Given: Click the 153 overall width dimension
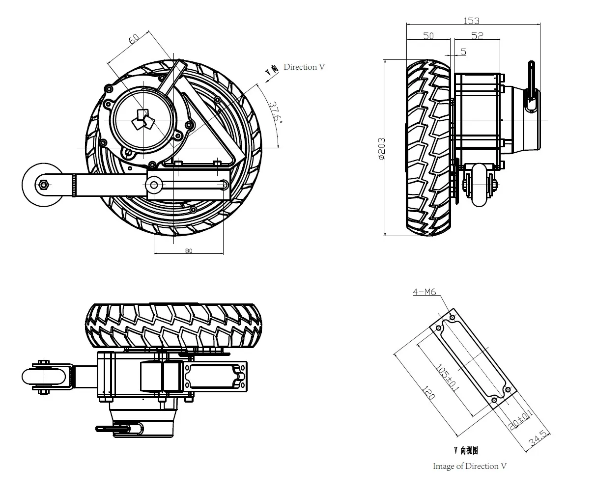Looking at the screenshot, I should pyautogui.click(x=471, y=21).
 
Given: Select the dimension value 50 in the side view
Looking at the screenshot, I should pyautogui.click(x=428, y=36).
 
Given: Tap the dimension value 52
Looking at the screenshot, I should pyautogui.click(x=477, y=36).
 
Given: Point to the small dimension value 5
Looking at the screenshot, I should pyautogui.click(x=463, y=52).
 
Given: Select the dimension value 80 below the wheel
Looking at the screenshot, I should pyautogui.click(x=189, y=251).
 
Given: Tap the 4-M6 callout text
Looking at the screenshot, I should pyautogui.click(x=425, y=292).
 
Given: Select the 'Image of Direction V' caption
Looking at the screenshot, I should pyautogui.click(x=469, y=466).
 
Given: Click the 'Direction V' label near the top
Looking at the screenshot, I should pyautogui.click(x=304, y=67).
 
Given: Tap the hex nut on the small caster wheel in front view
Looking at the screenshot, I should pyautogui.click(x=43, y=185).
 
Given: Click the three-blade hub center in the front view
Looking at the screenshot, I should pyautogui.click(x=142, y=120).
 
